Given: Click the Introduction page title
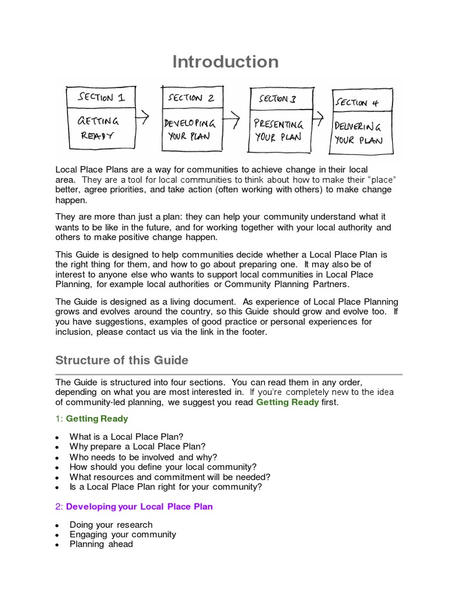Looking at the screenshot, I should (225, 62).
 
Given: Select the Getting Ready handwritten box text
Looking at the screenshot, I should (98, 127).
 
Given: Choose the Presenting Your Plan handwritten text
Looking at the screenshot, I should (278, 130).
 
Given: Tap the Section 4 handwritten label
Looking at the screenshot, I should (360, 102).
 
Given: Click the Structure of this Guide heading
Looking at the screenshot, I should (122, 360).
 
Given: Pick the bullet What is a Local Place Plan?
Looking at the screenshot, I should (126, 436).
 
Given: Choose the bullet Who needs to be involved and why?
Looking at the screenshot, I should (143, 457).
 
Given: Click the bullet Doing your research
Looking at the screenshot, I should (111, 524).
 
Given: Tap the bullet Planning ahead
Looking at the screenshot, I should (101, 544).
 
